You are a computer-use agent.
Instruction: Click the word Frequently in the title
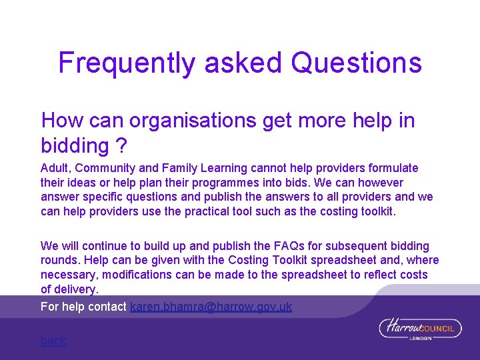tap(127, 63)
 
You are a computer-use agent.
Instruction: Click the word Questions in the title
tap(357, 63)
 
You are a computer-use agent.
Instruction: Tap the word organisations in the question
tap(193, 121)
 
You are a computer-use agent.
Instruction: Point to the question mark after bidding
tap(120, 145)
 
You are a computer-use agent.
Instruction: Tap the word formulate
tap(393, 168)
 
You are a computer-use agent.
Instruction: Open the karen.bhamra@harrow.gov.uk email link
tap(211, 307)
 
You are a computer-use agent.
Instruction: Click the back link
tap(53, 341)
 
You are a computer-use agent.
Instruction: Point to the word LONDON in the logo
tap(421, 338)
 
